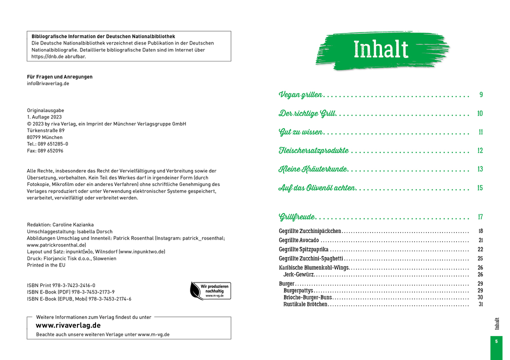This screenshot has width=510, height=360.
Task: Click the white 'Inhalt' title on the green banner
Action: coord(381,49)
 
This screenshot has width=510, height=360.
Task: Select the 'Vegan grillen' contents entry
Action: coord(300,94)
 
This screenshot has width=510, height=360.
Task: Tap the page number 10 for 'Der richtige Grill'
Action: coord(479,113)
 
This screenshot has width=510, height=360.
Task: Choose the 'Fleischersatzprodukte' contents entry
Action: coord(313,150)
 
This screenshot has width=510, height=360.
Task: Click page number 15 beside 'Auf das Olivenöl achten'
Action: coord(479,188)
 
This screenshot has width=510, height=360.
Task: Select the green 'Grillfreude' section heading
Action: coord(297,216)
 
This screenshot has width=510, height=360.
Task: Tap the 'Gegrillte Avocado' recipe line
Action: coord(298,240)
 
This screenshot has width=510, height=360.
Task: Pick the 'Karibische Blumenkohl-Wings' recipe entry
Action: coord(313,267)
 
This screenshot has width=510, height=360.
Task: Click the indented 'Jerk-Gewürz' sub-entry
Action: coord(298,274)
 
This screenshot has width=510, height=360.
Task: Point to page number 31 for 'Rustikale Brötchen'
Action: coord(480,304)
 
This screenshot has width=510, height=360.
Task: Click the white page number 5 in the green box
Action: coord(496,341)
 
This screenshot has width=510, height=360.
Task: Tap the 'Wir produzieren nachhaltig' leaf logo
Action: coord(210,290)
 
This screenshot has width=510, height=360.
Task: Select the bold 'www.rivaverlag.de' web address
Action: coord(68,325)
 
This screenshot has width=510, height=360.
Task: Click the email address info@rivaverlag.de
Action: coord(48,83)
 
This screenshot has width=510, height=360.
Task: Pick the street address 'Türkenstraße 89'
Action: coord(45,130)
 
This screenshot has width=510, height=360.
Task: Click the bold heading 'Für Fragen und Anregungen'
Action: coord(59,76)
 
